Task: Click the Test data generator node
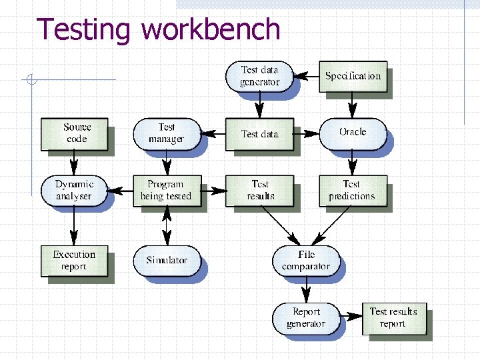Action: pyautogui.click(x=259, y=76)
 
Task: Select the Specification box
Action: pyautogui.click(x=353, y=76)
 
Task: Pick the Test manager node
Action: pyautogui.click(x=166, y=133)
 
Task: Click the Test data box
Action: pyautogui.click(x=259, y=134)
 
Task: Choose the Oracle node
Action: pyautogui.click(x=353, y=133)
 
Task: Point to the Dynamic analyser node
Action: pyautogui.click(x=74, y=190)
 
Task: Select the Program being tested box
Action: pyautogui.click(x=166, y=190)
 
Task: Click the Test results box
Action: pyautogui.click(x=259, y=190)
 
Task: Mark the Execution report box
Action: pyautogui.click(x=74, y=260)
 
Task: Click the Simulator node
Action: pyautogui.click(x=167, y=260)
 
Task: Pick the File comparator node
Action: pyautogui.click(x=306, y=260)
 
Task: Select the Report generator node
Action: pyautogui.click(x=306, y=317)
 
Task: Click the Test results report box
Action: pyautogui.click(x=393, y=317)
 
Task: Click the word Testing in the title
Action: pyautogui.click(x=84, y=30)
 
